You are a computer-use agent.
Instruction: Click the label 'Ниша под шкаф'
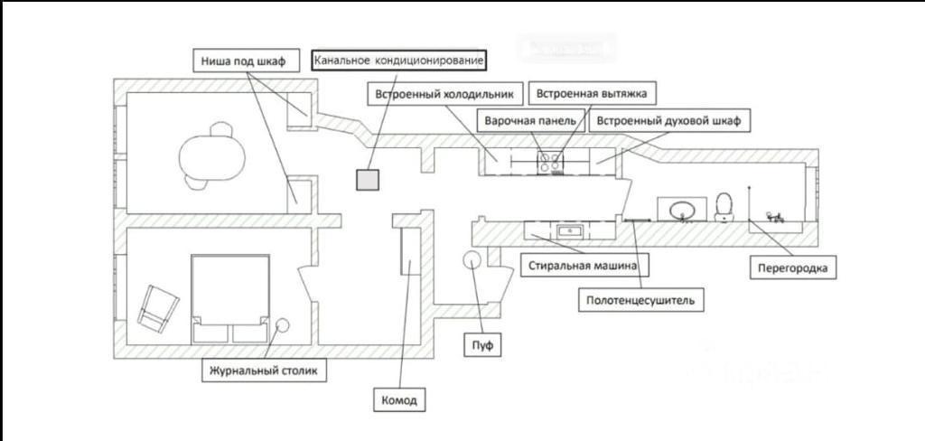click(242, 61)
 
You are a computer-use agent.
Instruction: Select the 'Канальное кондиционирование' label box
click(398, 61)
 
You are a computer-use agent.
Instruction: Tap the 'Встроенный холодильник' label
click(444, 94)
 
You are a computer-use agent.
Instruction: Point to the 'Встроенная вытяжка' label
click(592, 93)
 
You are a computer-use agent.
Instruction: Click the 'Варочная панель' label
click(529, 120)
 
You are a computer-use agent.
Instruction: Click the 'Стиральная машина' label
click(585, 265)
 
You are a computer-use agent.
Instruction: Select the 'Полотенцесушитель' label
click(640, 300)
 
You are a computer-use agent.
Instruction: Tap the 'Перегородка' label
click(793, 267)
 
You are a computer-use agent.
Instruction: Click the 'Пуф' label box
click(482, 344)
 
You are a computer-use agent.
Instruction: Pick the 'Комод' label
click(399, 399)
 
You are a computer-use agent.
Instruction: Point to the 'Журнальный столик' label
click(264, 371)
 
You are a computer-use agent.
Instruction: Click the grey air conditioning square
click(368, 180)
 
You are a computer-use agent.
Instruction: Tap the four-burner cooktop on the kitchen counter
click(550, 162)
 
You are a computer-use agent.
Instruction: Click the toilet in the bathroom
click(724, 207)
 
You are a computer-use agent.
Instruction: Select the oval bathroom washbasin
click(683, 209)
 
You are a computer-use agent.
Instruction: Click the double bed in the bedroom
click(230, 299)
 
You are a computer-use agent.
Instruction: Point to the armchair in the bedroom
click(158, 308)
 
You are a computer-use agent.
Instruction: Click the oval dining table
click(211, 156)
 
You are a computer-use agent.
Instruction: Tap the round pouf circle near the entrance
click(472, 259)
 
